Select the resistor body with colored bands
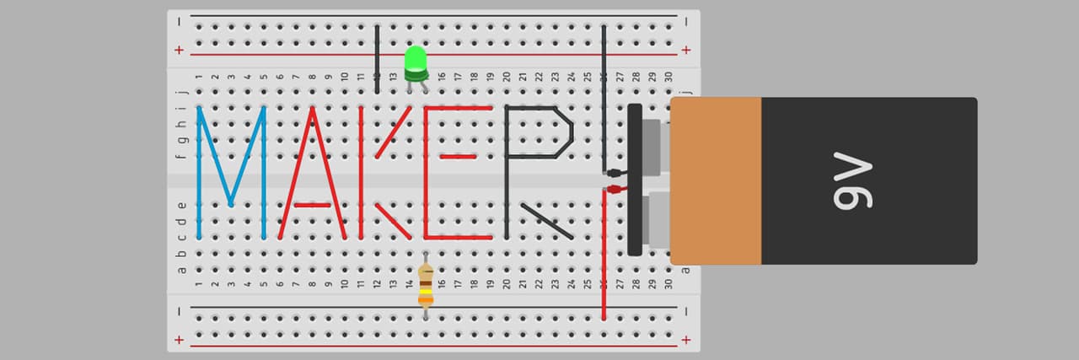point(426,286)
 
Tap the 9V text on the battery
point(852,180)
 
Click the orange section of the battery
point(716,180)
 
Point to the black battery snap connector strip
point(635,180)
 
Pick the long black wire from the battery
point(604,99)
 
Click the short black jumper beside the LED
point(377,59)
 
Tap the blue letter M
point(231,173)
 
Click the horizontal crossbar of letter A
point(313,206)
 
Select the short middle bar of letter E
point(458,157)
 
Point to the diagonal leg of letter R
point(547,221)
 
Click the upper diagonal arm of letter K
point(394,132)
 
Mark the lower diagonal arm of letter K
point(394,222)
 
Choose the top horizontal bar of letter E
point(458,108)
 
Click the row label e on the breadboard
point(181,206)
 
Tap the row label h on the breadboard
point(181,124)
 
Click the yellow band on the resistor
point(426,291)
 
